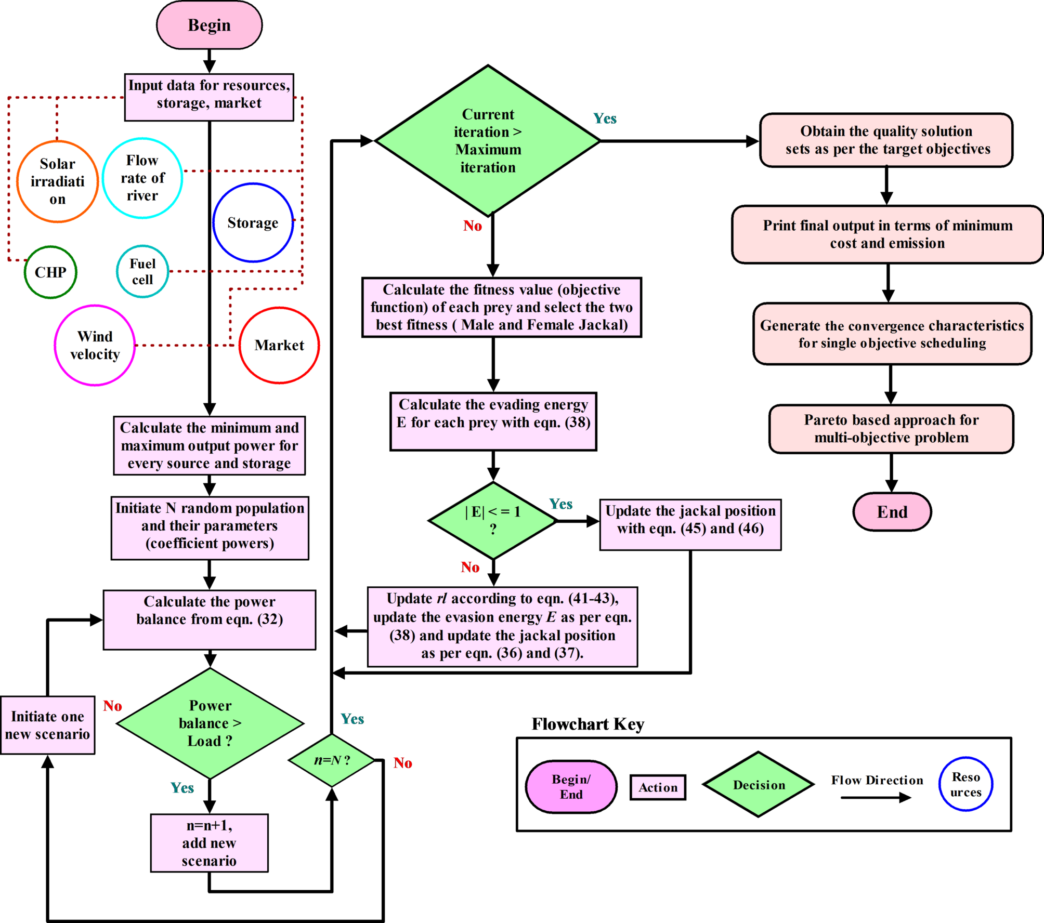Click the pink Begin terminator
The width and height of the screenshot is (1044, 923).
click(x=209, y=25)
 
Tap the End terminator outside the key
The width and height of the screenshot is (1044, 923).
click(x=892, y=512)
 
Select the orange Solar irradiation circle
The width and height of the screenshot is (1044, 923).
click(x=57, y=181)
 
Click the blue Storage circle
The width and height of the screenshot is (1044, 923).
click(x=253, y=222)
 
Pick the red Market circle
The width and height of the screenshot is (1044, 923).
click(x=279, y=345)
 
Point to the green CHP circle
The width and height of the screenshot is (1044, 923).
click(x=50, y=272)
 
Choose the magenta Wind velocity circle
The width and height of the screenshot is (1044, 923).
click(x=95, y=345)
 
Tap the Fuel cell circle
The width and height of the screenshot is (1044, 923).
click(x=142, y=271)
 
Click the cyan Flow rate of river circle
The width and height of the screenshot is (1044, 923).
click(x=142, y=178)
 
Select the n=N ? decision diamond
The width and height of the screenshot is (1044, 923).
click(x=332, y=760)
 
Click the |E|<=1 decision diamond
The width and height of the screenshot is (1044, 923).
click(x=493, y=520)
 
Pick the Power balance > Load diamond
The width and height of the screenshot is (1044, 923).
click(x=210, y=723)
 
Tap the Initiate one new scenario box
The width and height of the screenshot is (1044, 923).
click(x=47, y=725)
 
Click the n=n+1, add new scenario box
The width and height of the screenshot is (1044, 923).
click(x=209, y=842)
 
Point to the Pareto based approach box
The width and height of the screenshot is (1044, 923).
click(x=891, y=429)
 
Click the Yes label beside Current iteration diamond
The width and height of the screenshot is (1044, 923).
click(x=605, y=119)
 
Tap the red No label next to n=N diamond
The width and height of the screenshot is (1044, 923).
click(x=403, y=763)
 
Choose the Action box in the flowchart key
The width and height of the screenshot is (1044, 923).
click(x=658, y=787)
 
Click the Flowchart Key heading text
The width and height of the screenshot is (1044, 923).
click(x=588, y=724)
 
